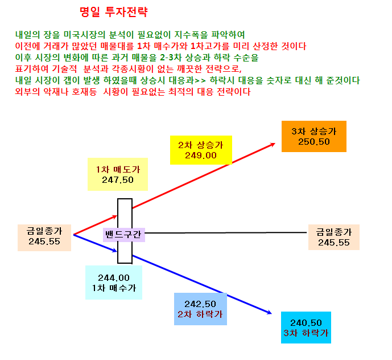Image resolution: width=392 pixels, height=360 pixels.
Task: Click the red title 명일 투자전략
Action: (x=114, y=12)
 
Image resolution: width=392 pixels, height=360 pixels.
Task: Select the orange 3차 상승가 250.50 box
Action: (x=313, y=137)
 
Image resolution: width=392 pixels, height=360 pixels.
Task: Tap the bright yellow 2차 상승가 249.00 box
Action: (x=201, y=150)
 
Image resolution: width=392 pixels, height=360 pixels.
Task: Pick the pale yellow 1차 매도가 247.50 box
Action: (x=118, y=174)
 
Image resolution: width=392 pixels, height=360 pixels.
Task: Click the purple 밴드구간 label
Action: (x=124, y=235)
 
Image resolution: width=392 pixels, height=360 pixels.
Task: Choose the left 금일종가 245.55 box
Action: (x=44, y=238)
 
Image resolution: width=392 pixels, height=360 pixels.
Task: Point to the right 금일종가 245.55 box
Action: (x=334, y=237)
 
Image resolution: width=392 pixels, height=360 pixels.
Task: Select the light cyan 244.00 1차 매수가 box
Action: (x=114, y=283)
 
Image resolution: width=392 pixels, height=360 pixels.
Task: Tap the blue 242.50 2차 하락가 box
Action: (x=200, y=309)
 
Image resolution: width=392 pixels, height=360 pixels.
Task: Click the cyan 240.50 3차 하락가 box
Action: (x=306, y=328)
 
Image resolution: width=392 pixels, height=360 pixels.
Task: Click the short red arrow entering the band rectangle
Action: (x=95, y=225)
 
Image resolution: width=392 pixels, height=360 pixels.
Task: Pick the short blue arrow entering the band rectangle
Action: (x=95, y=243)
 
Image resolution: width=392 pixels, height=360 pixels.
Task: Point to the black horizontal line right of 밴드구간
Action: (x=226, y=233)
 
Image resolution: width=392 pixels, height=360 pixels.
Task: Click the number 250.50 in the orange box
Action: (x=313, y=142)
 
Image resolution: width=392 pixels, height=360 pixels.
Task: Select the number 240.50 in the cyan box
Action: (x=306, y=322)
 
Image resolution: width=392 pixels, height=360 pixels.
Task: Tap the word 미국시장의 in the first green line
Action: (x=84, y=35)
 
